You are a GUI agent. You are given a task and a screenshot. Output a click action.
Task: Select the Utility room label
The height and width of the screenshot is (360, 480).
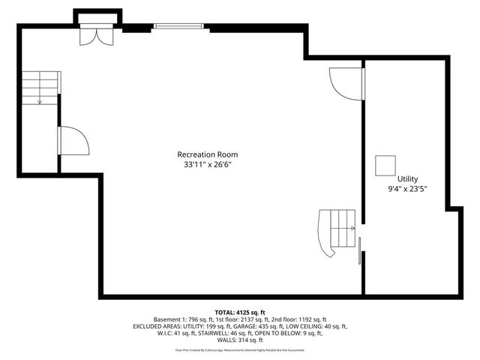tap(407, 179)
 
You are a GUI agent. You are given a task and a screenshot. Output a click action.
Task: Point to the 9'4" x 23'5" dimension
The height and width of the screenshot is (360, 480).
tap(407, 190)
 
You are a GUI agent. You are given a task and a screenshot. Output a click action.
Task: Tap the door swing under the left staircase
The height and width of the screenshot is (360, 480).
tap(73, 140)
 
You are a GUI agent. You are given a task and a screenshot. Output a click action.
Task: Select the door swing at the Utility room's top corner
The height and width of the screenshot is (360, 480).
tap(346, 82)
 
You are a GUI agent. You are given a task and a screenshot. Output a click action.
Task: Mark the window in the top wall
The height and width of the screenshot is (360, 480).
tap(178, 27)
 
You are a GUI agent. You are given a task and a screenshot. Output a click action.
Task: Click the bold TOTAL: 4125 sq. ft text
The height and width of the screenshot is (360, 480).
tap(240, 312)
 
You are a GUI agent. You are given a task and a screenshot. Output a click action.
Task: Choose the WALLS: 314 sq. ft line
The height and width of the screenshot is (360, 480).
tap(240, 341)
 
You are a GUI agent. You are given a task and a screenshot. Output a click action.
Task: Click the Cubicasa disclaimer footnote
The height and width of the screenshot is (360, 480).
tap(240, 350)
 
